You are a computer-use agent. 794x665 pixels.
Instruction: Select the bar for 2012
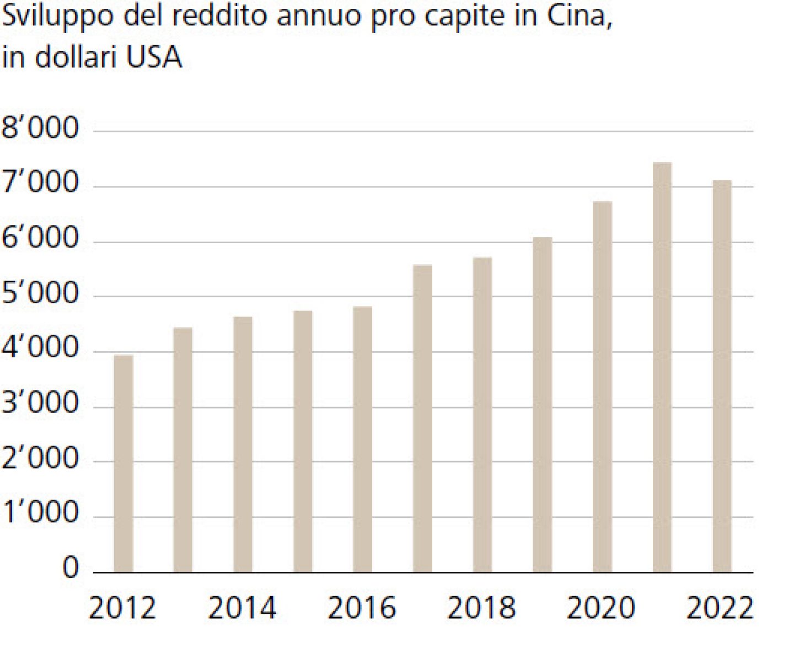tap(123, 463)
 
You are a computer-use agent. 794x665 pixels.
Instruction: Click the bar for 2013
tap(183, 449)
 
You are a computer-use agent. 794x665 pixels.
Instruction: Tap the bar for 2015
tap(303, 441)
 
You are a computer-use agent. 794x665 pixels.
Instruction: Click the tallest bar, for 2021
tap(662, 367)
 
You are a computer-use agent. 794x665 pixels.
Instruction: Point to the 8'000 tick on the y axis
tap(40, 128)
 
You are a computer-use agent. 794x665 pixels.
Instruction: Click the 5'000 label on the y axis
tap(40, 293)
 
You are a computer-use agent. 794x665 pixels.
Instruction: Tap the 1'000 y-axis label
tap(40, 513)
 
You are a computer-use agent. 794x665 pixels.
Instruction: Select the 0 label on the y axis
tap(71, 567)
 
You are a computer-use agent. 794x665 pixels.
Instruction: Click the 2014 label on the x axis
tap(242, 608)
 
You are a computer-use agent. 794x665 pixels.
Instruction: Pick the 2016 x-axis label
tap(362, 608)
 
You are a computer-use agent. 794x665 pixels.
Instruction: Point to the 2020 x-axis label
tap(600, 608)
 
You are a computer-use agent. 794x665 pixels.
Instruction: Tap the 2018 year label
tap(481, 608)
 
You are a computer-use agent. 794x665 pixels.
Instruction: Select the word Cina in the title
tap(578, 15)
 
